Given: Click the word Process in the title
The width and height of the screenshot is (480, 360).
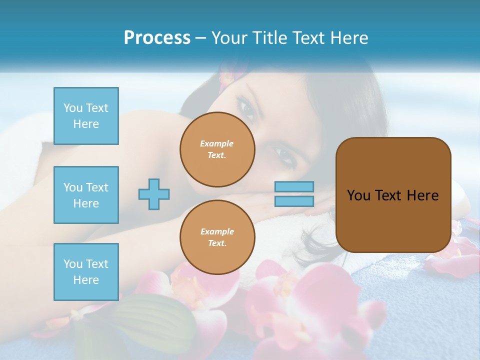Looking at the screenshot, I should pos(157,38).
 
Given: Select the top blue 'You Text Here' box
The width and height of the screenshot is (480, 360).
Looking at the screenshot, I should pos(86,116).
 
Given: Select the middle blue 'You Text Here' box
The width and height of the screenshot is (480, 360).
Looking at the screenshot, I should pos(86,195).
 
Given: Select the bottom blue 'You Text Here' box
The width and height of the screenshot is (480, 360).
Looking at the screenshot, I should pos(86,272).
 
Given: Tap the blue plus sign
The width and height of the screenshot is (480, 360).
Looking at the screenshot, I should pos(154,194).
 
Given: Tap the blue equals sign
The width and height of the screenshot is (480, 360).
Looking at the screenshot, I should pos(294,194).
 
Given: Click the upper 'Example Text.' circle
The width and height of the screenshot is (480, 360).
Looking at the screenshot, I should pos(217,149).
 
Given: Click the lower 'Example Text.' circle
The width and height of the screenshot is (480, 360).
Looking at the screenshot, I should pos(217,237).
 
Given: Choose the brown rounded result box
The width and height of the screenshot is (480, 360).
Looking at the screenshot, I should pos(393,195).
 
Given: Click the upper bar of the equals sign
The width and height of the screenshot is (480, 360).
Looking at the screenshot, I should pos(294,186).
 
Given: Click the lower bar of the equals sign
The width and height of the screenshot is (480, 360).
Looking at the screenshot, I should pos(294,201).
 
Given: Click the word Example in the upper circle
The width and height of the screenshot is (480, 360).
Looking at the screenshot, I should pos(217,143).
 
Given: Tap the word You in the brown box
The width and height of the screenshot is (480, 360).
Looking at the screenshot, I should pos(358,195).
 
